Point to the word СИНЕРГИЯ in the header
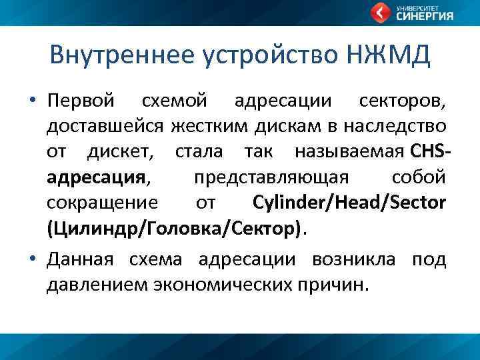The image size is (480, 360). pos(425,17)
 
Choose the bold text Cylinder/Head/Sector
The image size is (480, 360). pos(349,202)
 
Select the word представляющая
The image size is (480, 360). pos(271,177)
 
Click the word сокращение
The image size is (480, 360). pos(103,202)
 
